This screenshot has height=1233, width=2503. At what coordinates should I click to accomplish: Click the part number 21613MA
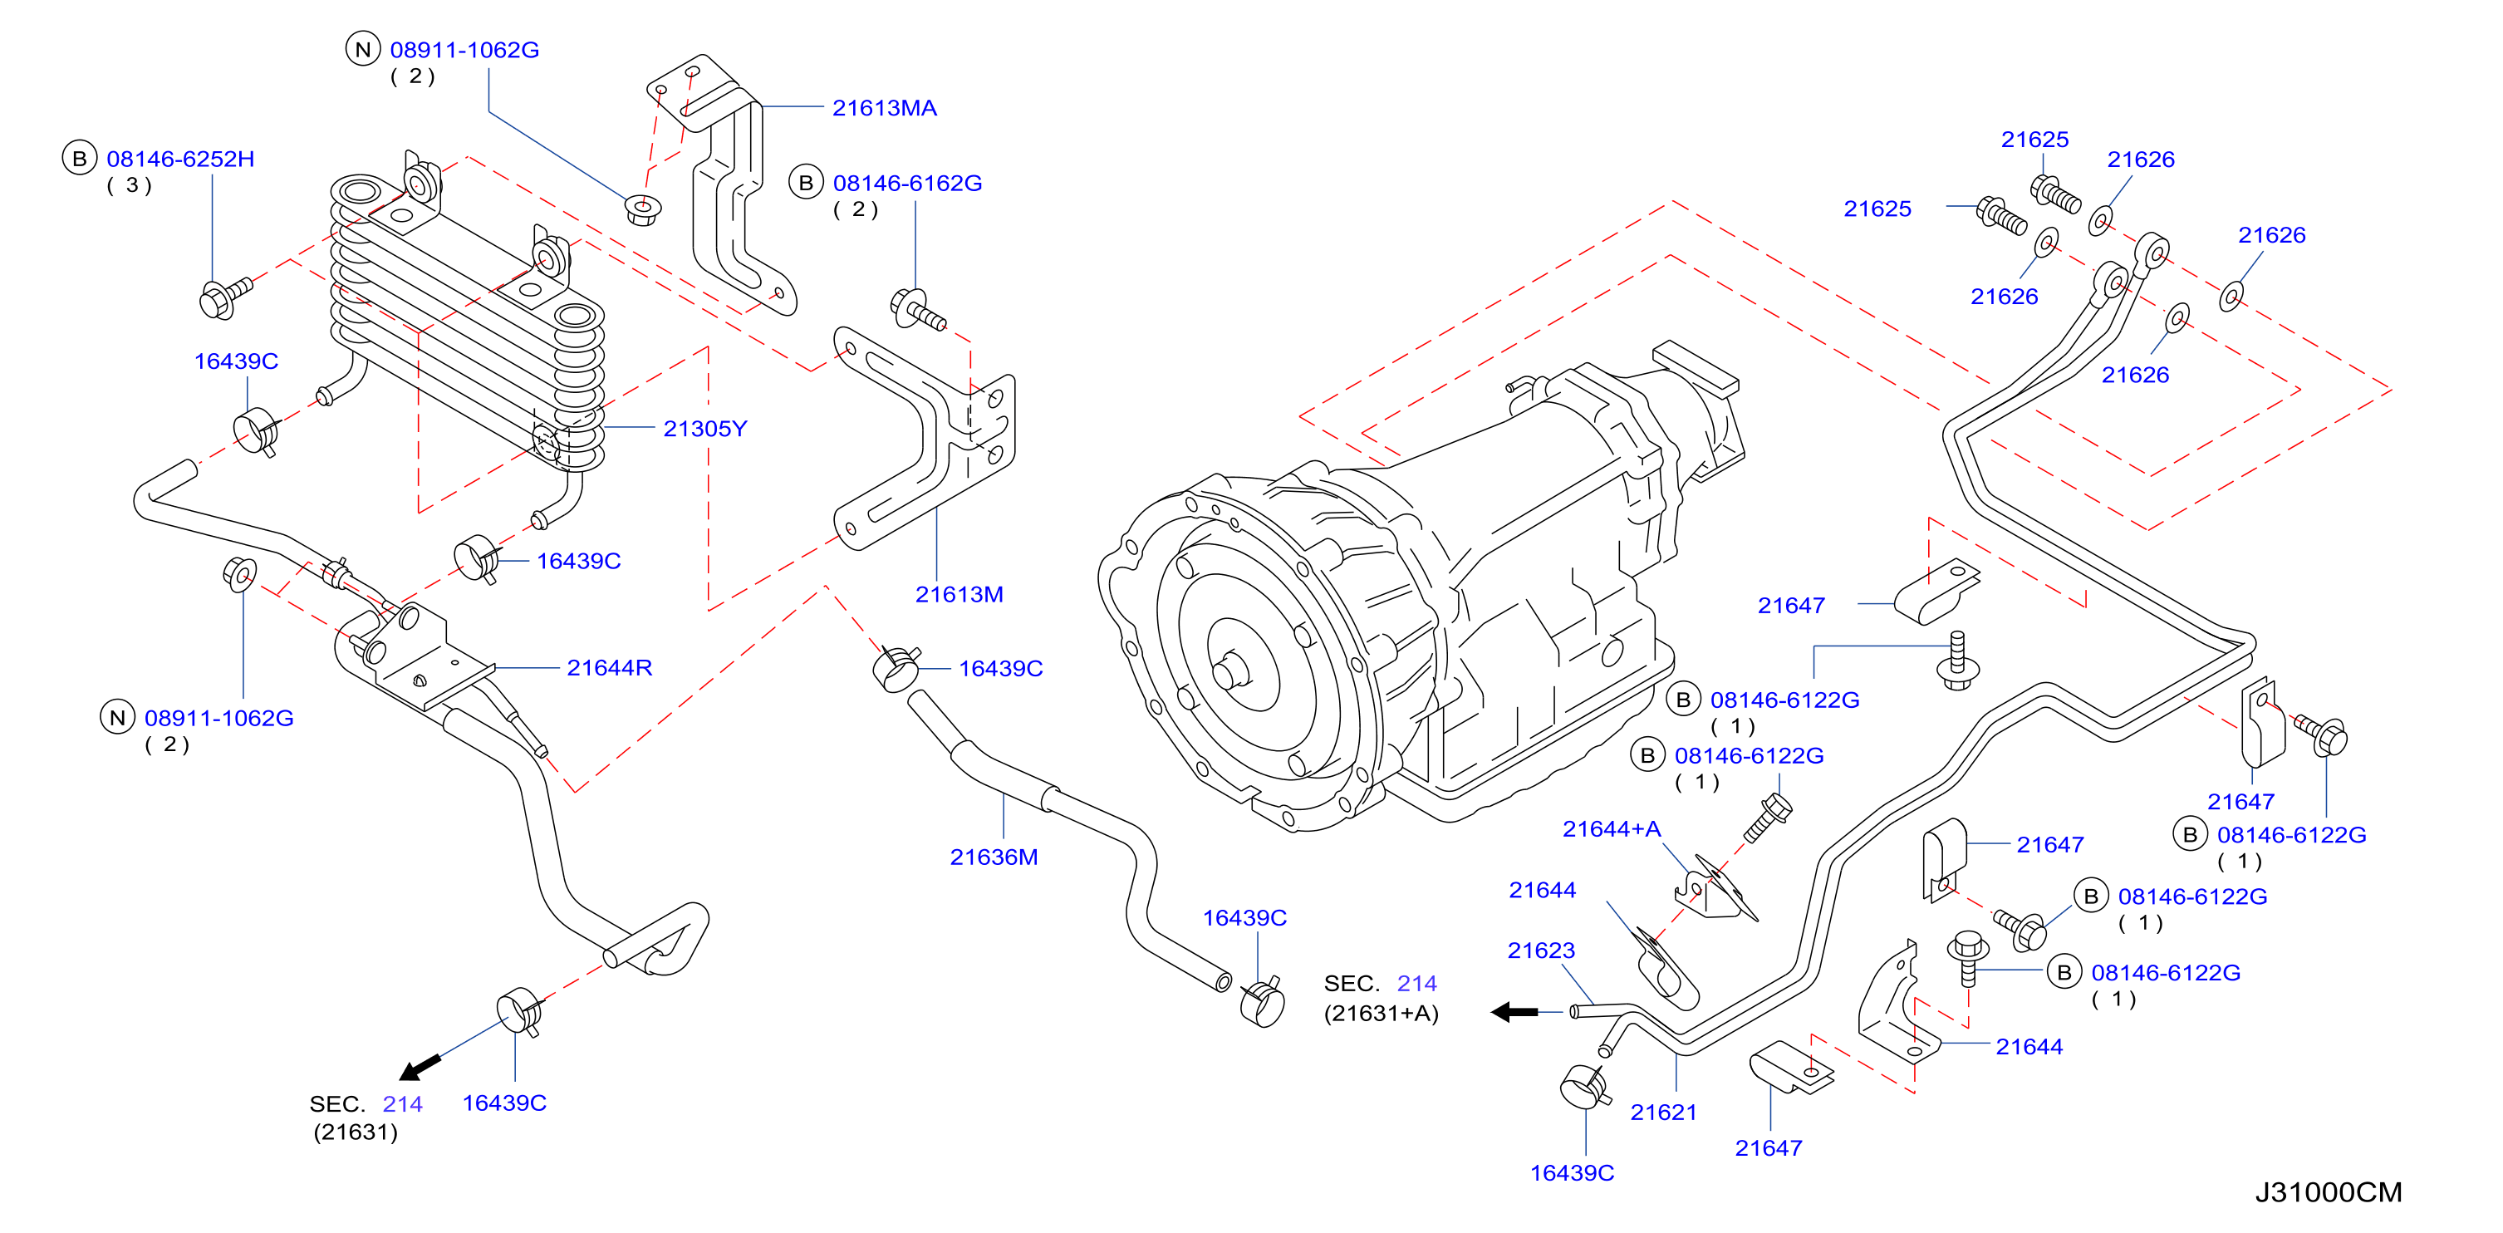884,108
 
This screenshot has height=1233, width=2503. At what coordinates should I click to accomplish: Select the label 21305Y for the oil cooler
704,429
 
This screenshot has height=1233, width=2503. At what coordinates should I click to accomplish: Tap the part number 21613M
959,595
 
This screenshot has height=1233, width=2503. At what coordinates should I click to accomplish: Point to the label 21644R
609,667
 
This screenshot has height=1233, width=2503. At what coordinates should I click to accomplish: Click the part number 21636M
994,857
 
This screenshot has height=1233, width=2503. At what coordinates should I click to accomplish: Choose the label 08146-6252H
181,159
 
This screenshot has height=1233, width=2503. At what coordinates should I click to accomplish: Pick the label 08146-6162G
907,183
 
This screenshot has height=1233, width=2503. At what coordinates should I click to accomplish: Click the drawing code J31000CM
2328,1192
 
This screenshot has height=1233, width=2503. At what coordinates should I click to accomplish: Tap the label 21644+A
1611,829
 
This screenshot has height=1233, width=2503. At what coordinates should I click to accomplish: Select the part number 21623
1541,951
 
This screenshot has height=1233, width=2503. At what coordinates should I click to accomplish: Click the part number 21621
1663,1113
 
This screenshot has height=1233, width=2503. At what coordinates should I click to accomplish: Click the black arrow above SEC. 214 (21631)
420,1067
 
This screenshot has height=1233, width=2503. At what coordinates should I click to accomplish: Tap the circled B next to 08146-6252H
80,159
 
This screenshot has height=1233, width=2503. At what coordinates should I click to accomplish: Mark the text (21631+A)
1381,1014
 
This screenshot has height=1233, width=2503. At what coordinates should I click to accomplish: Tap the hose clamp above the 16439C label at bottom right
1584,1085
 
